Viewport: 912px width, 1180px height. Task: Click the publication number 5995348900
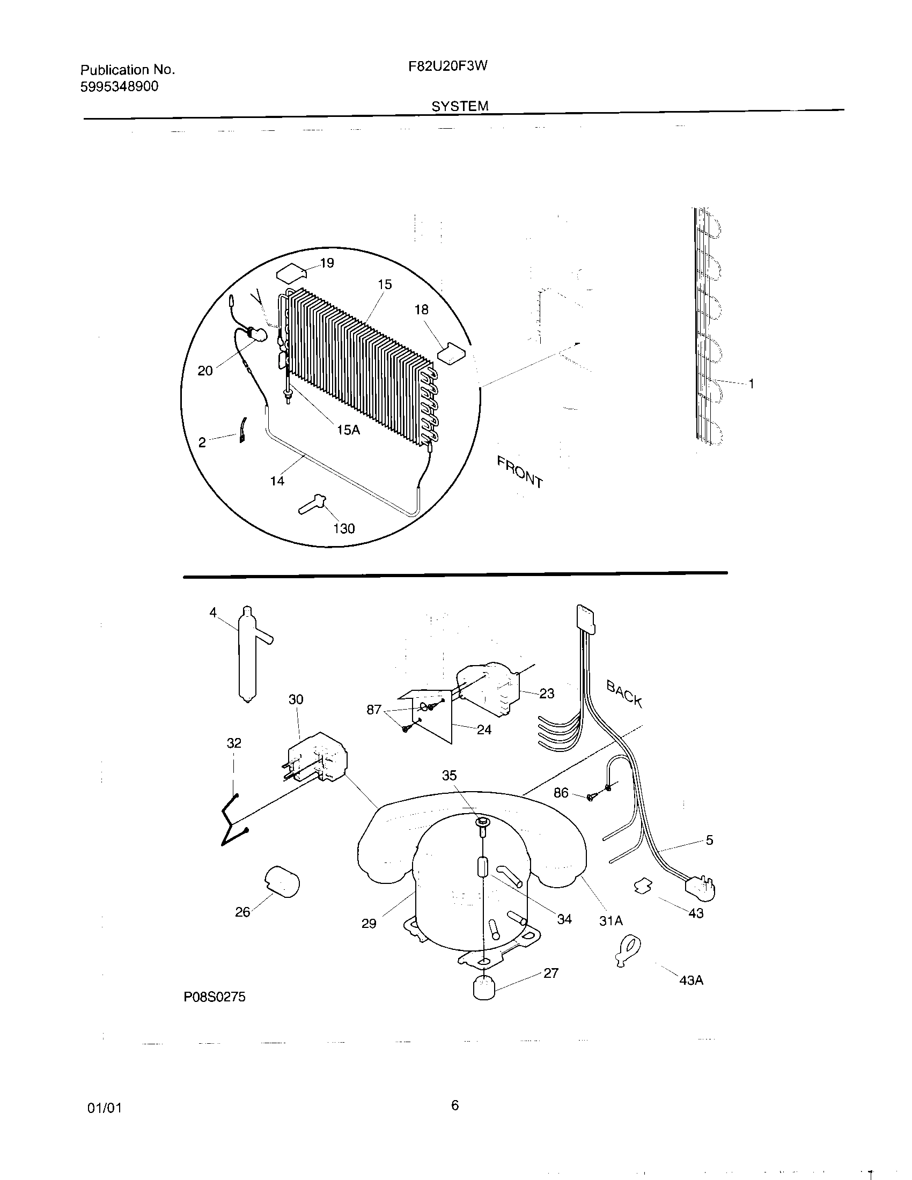coord(120,86)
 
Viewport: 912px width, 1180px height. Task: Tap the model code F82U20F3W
coord(448,66)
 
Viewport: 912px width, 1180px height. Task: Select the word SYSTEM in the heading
coord(460,106)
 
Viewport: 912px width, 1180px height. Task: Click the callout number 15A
coord(348,430)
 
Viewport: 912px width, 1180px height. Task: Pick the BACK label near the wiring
coord(624,694)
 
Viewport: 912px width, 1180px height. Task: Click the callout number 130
coord(344,528)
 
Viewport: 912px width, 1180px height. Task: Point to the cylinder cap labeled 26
coord(282,882)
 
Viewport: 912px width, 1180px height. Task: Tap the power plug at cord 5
coord(701,888)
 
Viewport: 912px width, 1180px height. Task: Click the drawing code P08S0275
coord(215,997)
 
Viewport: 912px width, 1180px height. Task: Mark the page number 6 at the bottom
coord(455,1105)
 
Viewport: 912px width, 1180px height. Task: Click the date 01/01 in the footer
coord(104,1108)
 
